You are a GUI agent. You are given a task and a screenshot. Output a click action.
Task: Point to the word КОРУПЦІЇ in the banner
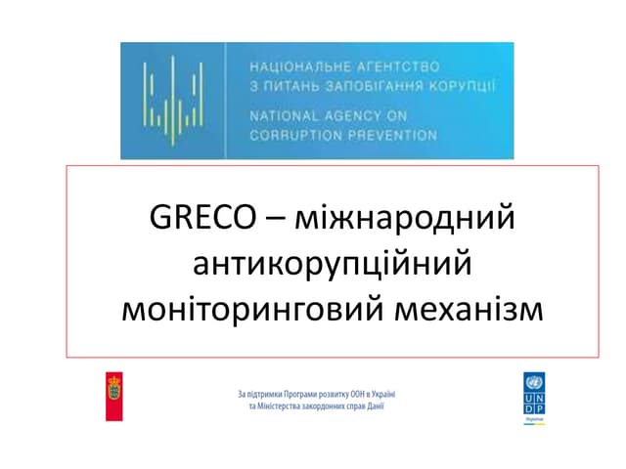click(x=464, y=86)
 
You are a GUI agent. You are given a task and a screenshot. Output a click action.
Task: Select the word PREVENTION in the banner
click(x=392, y=135)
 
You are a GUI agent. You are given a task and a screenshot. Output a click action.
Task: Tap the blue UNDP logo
click(x=534, y=398)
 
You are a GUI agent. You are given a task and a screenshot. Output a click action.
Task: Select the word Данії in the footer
click(x=373, y=405)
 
